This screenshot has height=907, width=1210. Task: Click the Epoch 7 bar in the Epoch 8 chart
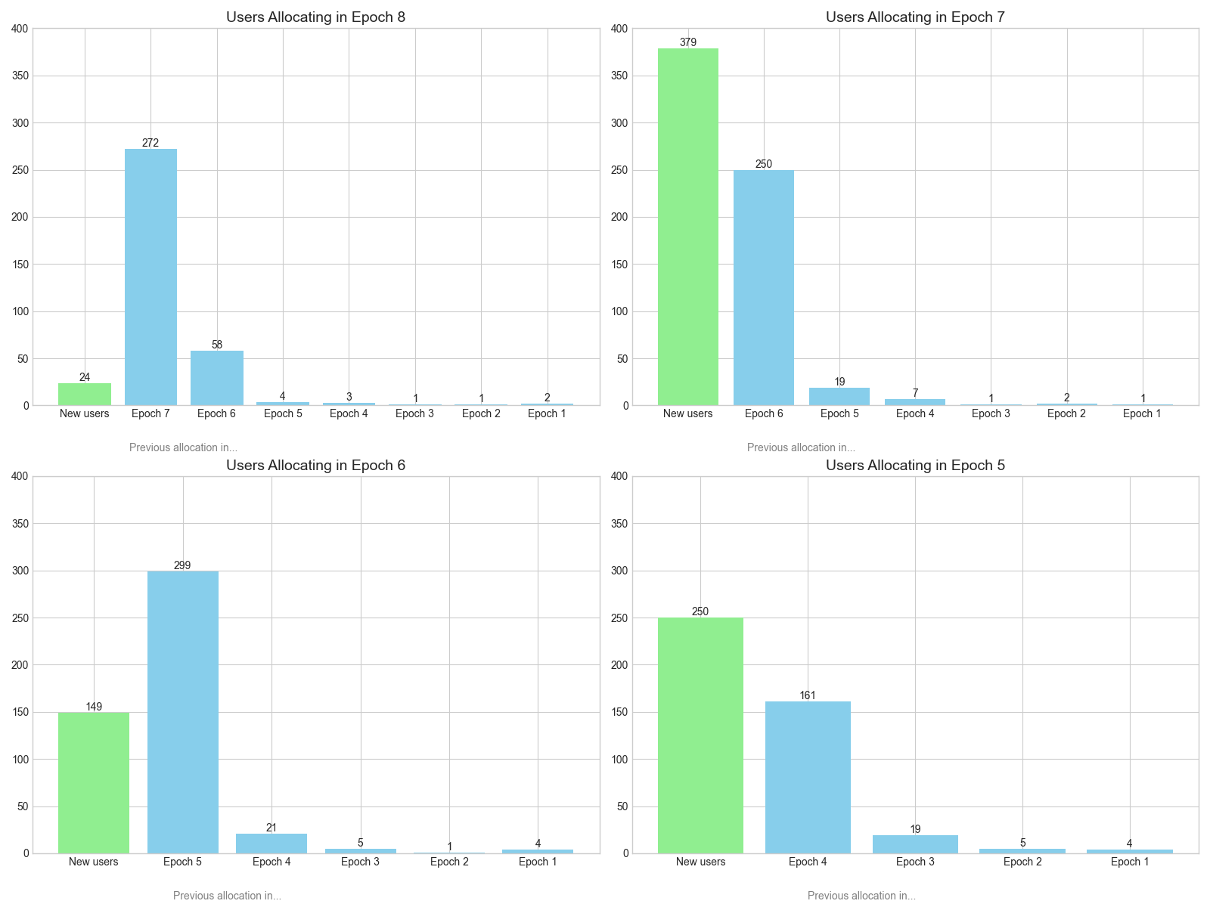point(150,277)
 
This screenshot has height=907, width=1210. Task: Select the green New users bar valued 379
point(687,227)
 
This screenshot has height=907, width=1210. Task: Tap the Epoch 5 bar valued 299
point(182,712)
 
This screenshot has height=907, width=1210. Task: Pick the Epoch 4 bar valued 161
point(808,777)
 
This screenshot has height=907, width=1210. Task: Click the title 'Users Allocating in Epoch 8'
point(315,17)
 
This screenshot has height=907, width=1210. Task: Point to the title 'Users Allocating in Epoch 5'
point(915,465)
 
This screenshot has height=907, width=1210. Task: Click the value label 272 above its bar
point(150,143)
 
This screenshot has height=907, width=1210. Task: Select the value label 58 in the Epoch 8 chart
point(217,345)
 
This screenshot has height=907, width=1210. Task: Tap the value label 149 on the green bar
point(94,707)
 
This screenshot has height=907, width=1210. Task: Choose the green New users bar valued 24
point(85,394)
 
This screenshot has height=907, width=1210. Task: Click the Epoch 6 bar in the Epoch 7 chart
point(764,288)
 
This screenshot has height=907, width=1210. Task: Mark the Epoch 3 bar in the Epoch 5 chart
point(915,844)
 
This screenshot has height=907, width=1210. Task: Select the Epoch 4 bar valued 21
point(271,844)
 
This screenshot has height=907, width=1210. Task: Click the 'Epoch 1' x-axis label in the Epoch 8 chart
point(547,413)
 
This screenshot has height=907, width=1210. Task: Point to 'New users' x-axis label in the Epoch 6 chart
point(94,862)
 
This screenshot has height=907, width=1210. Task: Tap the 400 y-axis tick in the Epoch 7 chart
point(619,29)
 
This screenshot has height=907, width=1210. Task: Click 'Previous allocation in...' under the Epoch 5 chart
point(861,896)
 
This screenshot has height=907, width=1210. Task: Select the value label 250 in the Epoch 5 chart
point(700,611)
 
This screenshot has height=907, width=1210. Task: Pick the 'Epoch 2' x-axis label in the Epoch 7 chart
point(1066,413)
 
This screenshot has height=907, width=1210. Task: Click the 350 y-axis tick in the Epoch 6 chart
point(20,524)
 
